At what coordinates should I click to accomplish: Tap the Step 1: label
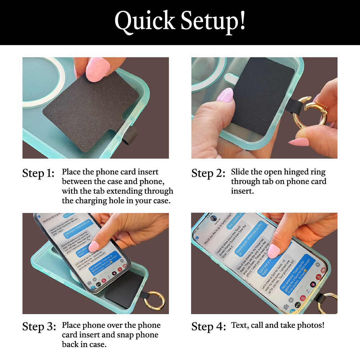(x=38, y=173)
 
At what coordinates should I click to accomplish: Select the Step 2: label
(x=208, y=173)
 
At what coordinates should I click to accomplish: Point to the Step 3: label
(x=39, y=327)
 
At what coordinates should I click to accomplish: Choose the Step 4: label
(x=208, y=327)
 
